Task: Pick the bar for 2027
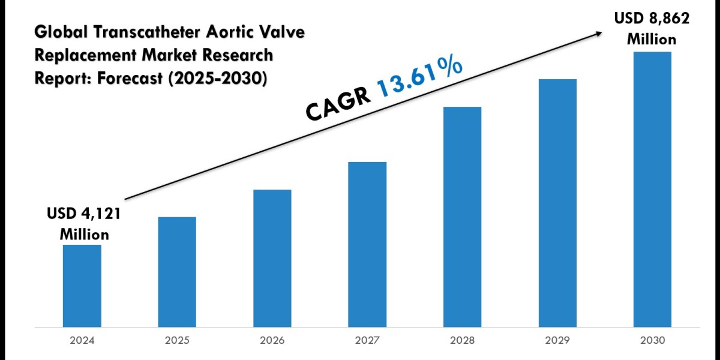coord(367,244)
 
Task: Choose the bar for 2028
coord(462,217)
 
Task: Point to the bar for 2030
coord(652,189)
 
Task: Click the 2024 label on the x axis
coord(82,340)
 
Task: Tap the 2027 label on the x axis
coord(367,340)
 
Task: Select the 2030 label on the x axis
coord(652,340)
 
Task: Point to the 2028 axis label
coord(462,340)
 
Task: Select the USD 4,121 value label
coord(84,214)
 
